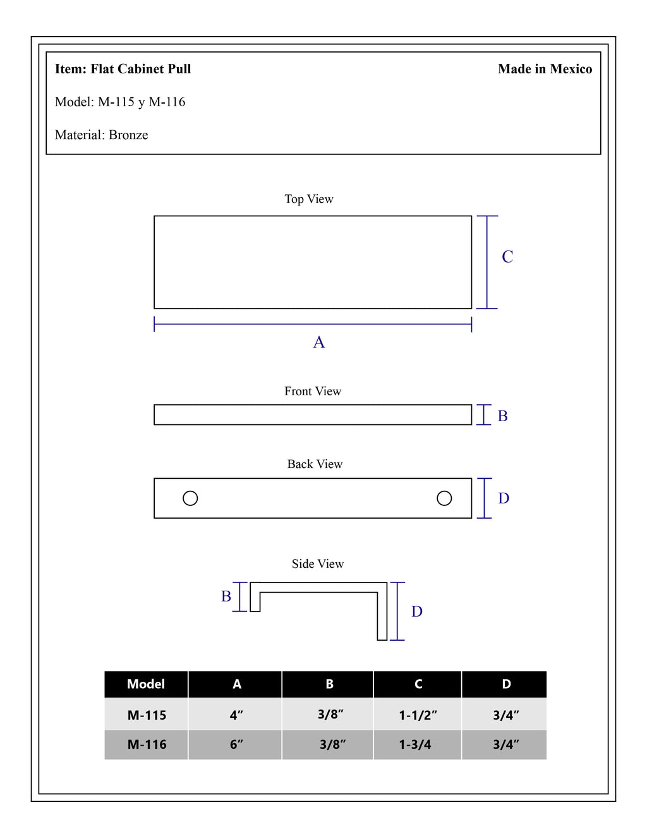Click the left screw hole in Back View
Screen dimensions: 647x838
click(x=190, y=498)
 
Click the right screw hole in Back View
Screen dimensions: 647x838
click(x=444, y=498)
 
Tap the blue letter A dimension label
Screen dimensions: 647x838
click(x=319, y=342)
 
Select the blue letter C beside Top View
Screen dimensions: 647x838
click(x=507, y=257)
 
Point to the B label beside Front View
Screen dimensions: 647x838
click(x=502, y=416)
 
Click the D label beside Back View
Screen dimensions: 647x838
click(x=504, y=498)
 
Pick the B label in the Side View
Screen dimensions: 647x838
click(x=226, y=596)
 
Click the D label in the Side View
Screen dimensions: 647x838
click(x=417, y=611)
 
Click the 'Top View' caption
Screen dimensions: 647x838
click(x=309, y=199)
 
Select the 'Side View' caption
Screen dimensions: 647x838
click(x=318, y=564)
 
